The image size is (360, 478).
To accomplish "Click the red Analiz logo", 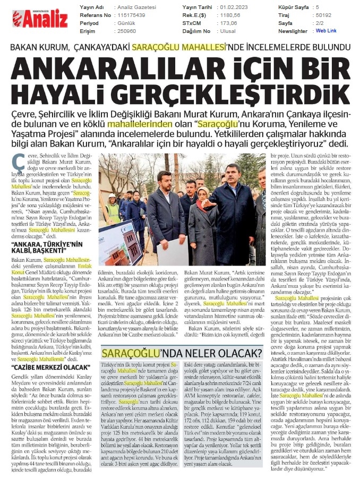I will point(40,19).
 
